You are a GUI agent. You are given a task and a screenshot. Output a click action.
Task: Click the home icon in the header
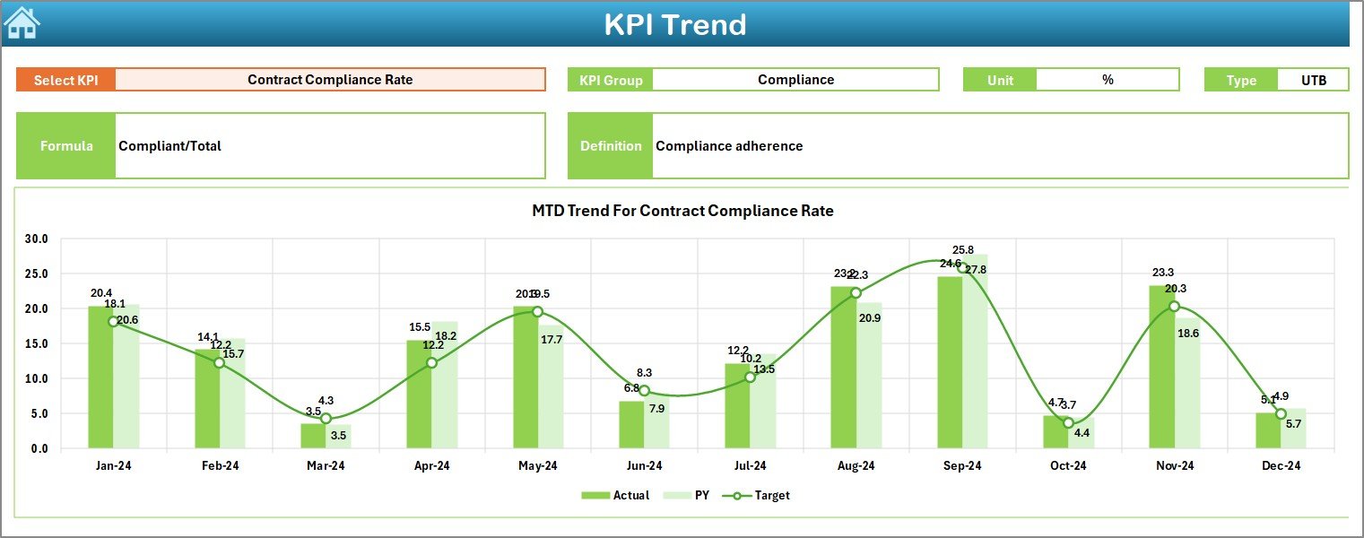[x=22, y=23]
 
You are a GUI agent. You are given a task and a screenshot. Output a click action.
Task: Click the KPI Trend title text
[x=674, y=24]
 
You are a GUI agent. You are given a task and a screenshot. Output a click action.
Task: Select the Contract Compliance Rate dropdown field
[x=330, y=80]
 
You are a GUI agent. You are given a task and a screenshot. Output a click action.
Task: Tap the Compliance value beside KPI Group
[x=795, y=80]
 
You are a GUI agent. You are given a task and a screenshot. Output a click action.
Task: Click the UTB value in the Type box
[x=1314, y=80]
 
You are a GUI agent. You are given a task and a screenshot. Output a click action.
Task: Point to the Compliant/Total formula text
[x=170, y=146]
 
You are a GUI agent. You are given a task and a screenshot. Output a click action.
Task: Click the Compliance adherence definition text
[x=729, y=146]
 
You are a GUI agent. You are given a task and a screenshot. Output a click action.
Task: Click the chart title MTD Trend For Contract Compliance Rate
[x=682, y=212]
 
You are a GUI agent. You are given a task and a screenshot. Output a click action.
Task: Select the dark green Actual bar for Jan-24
[x=100, y=377]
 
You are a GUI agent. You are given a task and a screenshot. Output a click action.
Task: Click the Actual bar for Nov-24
[x=1161, y=368]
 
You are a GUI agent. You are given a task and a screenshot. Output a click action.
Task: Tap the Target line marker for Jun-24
[x=644, y=391]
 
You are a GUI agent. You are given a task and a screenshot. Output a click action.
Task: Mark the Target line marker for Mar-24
[x=326, y=419]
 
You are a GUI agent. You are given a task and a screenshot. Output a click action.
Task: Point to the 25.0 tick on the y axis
[x=37, y=274]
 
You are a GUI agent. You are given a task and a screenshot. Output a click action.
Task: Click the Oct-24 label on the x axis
[x=1068, y=466]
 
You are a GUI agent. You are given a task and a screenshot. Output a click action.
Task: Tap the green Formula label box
[x=66, y=146]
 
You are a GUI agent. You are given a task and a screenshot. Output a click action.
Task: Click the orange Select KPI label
[x=66, y=80]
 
